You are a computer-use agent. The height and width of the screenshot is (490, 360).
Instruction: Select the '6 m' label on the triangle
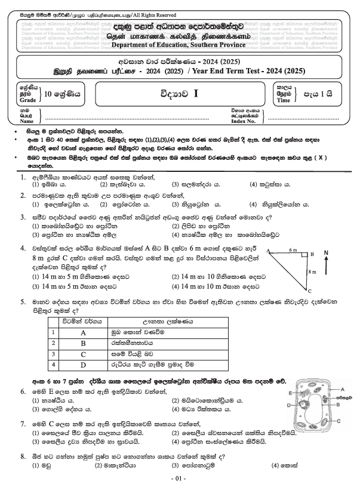(293, 250)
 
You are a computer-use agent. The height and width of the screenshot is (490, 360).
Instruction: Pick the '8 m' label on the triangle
(310, 272)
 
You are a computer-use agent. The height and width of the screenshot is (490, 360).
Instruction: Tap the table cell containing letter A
(83, 332)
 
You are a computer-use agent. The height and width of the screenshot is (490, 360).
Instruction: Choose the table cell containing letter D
(83, 363)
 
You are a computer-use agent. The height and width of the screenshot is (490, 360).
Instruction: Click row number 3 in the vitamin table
(54, 353)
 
